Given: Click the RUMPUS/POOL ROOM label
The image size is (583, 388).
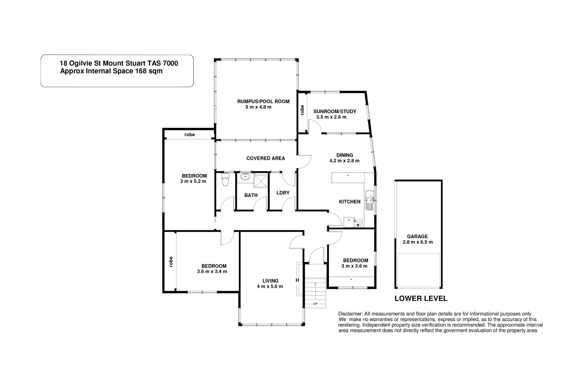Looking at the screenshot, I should [263, 101].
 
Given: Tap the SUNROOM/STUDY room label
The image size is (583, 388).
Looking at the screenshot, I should [335, 111].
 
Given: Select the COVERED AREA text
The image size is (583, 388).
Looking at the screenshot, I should [266, 158].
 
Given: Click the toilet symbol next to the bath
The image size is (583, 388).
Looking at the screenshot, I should [226, 180].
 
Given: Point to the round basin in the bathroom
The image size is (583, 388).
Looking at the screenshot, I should [245, 176].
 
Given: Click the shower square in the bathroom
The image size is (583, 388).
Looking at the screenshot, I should [261, 181].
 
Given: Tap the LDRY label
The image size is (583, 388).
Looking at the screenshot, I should [283, 193].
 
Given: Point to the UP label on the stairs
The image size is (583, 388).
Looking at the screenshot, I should [315, 304].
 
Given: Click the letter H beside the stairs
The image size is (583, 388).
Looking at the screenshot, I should [297, 280].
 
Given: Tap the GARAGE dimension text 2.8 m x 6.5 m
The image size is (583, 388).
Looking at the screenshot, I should [417, 242].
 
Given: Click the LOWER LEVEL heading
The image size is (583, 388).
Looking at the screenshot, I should [421, 299].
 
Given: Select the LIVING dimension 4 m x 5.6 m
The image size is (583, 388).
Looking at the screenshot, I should [270, 286].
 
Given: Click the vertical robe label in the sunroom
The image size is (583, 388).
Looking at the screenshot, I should [302, 110].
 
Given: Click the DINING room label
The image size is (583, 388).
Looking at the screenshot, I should [344, 155].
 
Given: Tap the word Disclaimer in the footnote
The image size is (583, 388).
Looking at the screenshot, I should [351, 314].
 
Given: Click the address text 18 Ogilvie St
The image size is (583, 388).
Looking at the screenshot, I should [83, 63].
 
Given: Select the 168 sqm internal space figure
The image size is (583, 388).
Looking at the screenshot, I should [148, 71].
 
